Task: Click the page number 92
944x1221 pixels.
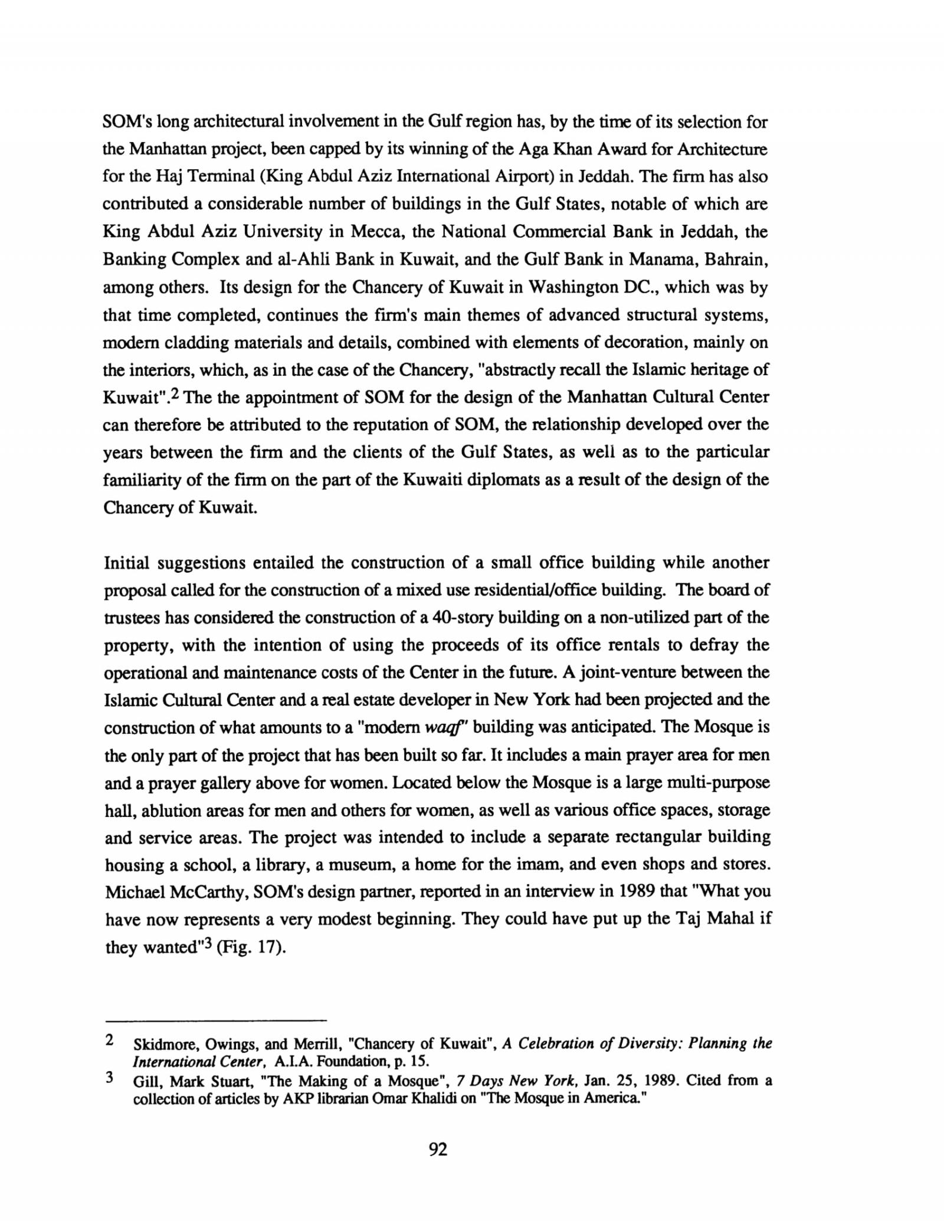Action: click(x=438, y=1150)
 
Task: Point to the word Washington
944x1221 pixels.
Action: click(x=572, y=287)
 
